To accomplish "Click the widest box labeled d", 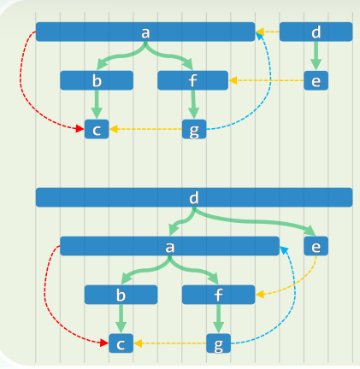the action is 194,197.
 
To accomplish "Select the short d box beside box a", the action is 316,32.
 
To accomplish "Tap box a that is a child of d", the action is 169,246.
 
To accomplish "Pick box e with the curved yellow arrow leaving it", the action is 316,246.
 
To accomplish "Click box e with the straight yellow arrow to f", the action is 316,80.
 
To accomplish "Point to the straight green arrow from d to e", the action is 316,56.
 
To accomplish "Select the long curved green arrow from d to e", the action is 254,221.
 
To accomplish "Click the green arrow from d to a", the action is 183,221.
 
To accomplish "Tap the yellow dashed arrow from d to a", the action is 268,32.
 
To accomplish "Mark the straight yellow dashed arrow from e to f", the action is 266,80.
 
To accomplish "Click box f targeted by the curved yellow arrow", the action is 218,295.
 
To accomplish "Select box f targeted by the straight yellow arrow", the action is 192,80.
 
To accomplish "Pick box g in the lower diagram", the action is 218,343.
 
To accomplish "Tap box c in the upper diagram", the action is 97,129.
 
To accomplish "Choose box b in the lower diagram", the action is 121,295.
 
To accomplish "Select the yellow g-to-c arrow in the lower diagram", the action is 170,343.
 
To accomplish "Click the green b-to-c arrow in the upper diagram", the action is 97,104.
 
